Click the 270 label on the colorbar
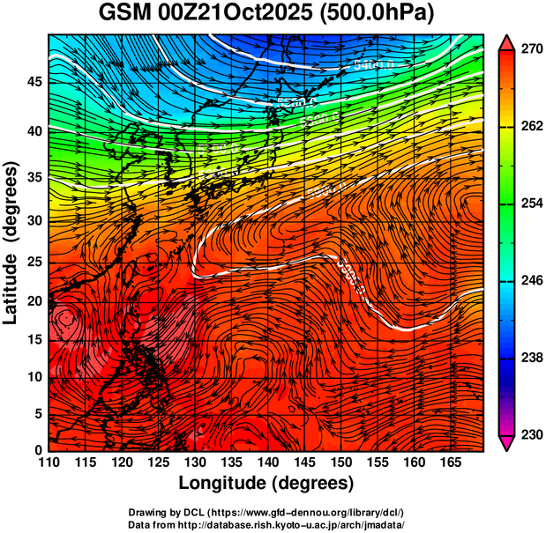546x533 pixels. pos(531,50)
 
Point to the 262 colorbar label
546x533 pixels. pos(531,127)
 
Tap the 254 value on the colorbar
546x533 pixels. pos(531,204)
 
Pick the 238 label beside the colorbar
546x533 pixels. pos(531,358)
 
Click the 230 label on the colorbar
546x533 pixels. pos(531,434)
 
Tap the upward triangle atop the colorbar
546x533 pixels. pos(507,42)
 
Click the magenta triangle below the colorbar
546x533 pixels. pos(507,443)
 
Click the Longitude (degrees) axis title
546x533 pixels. pos(266,483)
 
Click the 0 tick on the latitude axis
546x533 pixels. pos(37,450)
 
